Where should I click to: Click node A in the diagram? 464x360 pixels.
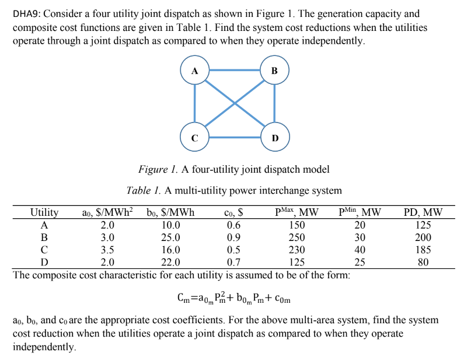click(195, 71)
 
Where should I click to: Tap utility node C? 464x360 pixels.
click(195, 138)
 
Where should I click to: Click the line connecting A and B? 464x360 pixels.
click(234, 71)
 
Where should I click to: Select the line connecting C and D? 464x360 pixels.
click(234, 138)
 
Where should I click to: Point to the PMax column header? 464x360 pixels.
click(296, 212)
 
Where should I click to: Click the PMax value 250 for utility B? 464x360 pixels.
click(296, 237)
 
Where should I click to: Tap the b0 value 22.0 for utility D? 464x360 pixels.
click(171, 262)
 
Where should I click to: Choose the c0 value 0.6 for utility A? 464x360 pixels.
click(233, 225)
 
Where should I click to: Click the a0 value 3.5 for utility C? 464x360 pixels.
click(108, 250)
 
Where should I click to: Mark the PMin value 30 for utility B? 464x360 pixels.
click(360, 237)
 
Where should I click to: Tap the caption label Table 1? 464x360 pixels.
click(144, 191)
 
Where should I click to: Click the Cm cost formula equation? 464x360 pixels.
click(233, 299)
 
